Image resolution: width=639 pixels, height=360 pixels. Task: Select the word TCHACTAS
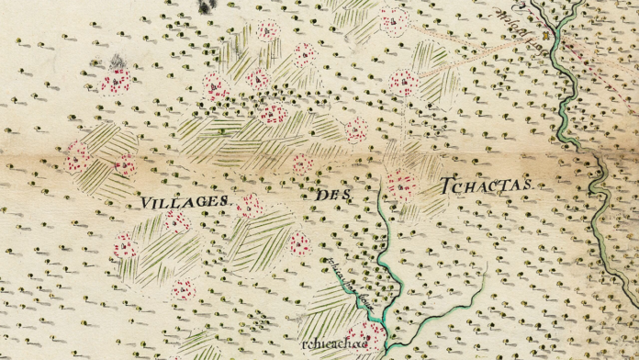click(486, 186)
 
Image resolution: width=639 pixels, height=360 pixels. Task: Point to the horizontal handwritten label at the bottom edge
click(327, 343)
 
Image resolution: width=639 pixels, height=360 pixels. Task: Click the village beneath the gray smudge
click(117, 83)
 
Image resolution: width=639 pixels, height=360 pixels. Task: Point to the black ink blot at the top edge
click(209, 6)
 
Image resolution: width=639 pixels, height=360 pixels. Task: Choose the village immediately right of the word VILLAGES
click(249, 206)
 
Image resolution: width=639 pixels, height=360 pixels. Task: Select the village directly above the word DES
click(302, 165)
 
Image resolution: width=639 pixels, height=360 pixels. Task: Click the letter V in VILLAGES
click(146, 200)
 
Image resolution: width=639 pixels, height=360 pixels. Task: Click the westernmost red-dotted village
click(77, 158)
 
